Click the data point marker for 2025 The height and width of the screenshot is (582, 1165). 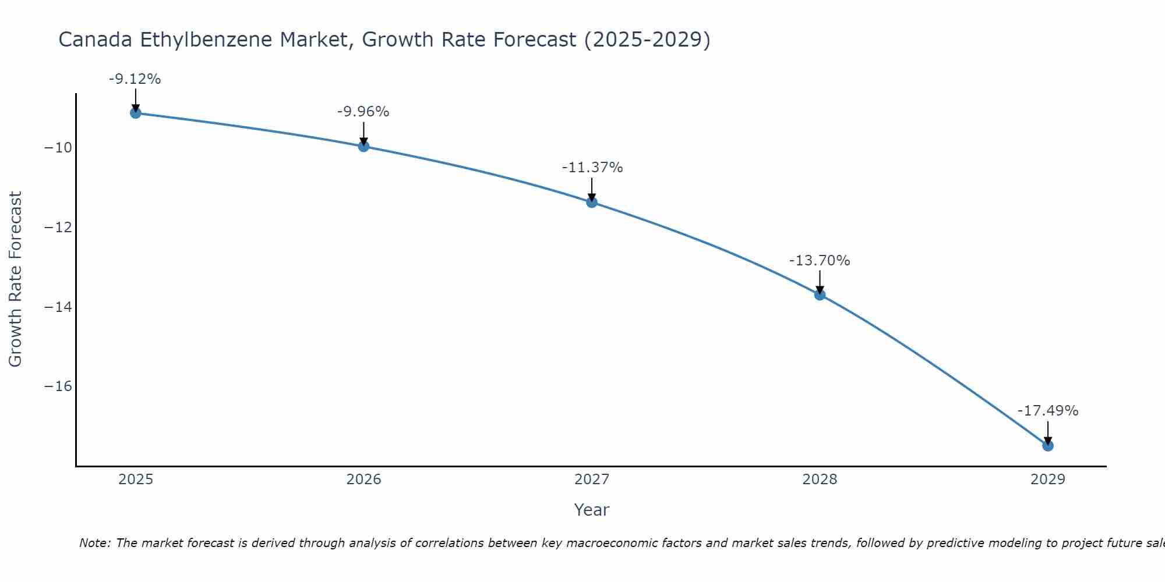(x=136, y=113)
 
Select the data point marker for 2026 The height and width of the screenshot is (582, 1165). (x=363, y=146)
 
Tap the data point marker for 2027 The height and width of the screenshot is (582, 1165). (x=592, y=202)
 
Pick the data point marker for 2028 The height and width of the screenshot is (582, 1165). (x=820, y=294)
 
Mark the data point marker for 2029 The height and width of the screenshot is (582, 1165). (x=1047, y=445)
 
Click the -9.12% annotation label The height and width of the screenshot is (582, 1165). (x=135, y=79)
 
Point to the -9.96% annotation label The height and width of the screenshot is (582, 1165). (x=363, y=112)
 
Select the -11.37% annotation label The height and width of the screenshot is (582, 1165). (x=592, y=168)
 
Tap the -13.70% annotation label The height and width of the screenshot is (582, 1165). (x=820, y=261)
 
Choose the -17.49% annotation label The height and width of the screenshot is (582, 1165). (x=1047, y=411)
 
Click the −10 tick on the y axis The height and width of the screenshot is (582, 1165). (x=58, y=148)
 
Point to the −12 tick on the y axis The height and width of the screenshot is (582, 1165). (x=58, y=228)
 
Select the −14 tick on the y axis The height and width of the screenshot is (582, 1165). (x=58, y=307)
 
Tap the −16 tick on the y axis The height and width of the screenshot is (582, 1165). (x=58, y=386)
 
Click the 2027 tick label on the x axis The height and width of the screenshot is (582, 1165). (x=592, y=480)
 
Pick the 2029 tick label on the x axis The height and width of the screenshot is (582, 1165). (x=1047, y=480)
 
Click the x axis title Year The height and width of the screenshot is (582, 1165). (x=591, y=510)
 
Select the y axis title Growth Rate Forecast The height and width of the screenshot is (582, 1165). (x=15, y=279)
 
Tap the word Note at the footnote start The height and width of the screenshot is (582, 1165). (x=94, y=543)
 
